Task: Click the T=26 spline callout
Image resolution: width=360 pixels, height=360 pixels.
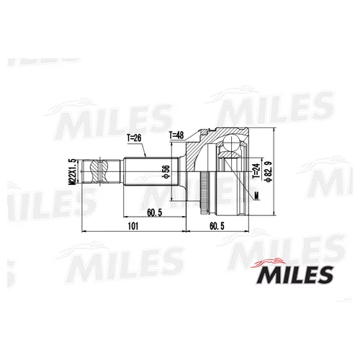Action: tap(134, 138)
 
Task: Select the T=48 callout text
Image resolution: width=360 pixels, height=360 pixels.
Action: tap(176, 135)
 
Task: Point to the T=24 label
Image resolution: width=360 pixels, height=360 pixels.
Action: tap(256, 171)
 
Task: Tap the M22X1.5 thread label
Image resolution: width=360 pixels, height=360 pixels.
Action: tap(72, 171)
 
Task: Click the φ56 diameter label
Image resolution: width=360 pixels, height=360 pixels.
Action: tap(166, 171)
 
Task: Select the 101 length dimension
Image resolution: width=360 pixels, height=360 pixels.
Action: tap(133, 226)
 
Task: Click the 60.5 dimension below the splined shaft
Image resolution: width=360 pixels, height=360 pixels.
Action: tap(155, 212)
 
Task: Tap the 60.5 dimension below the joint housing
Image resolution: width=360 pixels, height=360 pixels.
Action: tap(217, 226)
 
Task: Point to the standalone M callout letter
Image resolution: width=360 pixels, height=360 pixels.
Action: tap(257, 196)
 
